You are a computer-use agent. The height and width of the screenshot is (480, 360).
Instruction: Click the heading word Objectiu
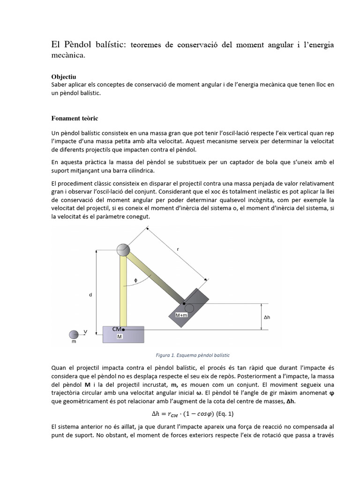pyautogui.click(x=64, y=76)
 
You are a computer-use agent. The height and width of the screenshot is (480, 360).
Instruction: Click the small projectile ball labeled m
pyautogui.click(x=74, y=334)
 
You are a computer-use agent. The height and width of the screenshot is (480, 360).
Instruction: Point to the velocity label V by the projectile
pyautogui.click(x=85, y=331)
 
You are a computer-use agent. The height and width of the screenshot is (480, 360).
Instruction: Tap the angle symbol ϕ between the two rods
pyautogui.click(x=136, y=280)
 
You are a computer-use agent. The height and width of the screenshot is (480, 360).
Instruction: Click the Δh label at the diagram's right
pyautogui.click(x=267, y=316)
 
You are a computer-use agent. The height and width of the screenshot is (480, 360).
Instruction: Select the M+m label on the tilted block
pyautogui.click(x=182, y=315)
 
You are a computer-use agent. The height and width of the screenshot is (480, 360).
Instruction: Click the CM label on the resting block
pyautogui.click(x=117, y=330)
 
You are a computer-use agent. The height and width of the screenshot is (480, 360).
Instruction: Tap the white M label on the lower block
pyautogui.click(x=120, y=337)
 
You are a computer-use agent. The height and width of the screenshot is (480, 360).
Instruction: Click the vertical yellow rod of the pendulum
pyautogui.click(x=123, y=291)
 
